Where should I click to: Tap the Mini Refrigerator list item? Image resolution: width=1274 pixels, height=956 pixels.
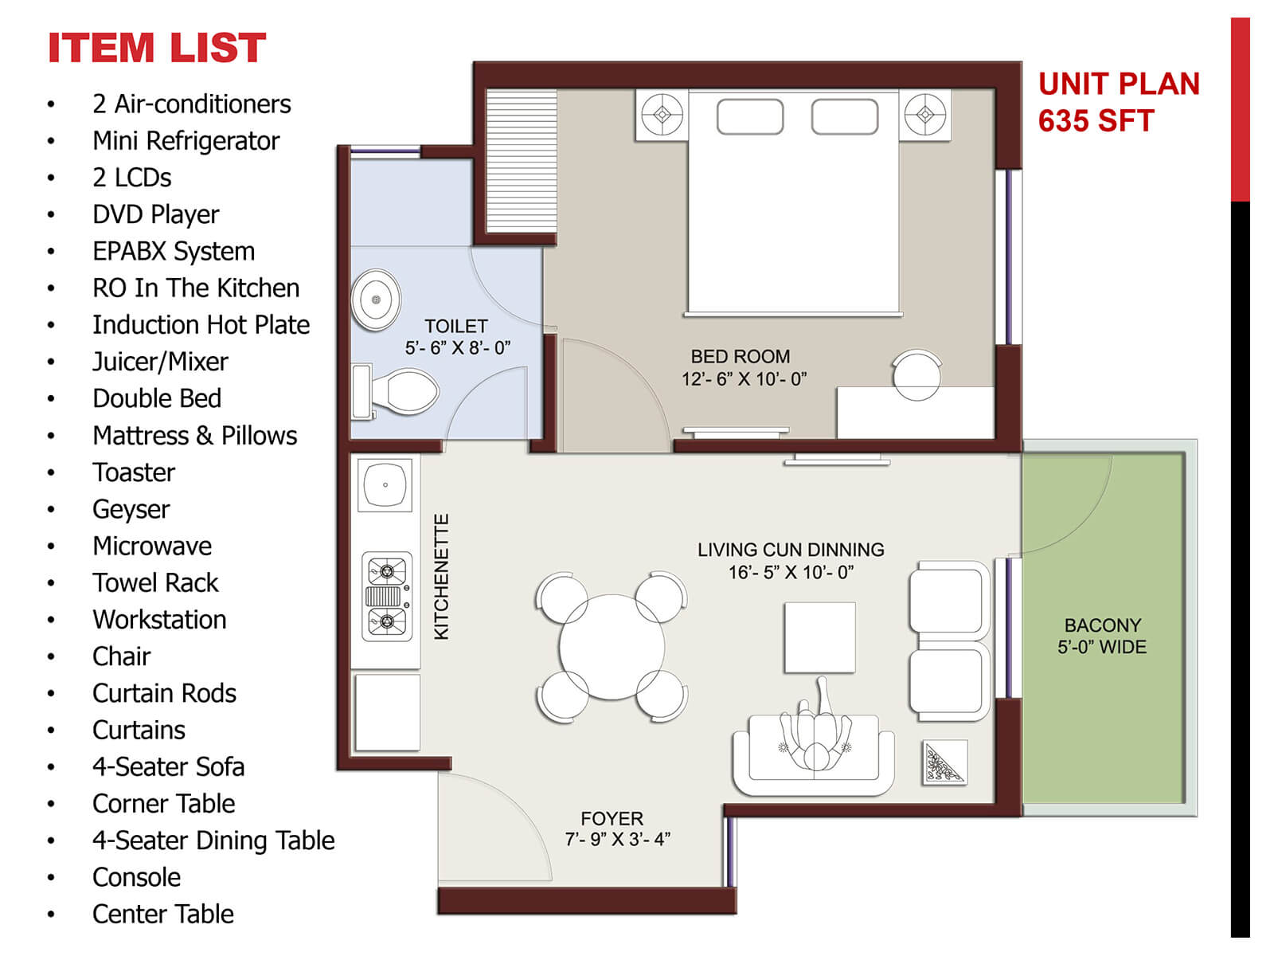pyautogui.click(x=186, y=141)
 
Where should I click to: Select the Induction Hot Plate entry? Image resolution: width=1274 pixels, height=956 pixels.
pyautogui.click(x=201, y=325)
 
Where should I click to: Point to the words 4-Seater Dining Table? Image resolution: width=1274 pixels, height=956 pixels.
pyautogui.click(x=213, y=840)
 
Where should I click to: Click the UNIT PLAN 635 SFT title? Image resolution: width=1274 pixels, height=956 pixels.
pyautogui.click(x=1118, y=102)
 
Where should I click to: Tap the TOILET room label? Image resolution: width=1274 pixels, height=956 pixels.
pyautogui.click(x=456, y=327)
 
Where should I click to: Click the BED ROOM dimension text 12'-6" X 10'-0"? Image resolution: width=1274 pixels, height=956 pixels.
pyautogui.click(x=744, y=379)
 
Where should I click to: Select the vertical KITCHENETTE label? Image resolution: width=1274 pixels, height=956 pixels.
pyautogui.click(x=442, y=576)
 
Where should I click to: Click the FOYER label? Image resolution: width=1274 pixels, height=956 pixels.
pyautogui.click(x=612, y=818)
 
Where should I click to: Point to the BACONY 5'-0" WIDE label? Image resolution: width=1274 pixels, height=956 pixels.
pyautogui.click(x=1102, y=636)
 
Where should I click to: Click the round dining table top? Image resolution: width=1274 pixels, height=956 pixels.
pyautogui.click(x=612, y=647)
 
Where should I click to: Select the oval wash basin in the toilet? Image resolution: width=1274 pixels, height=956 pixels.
pyautogui.click(x=376, y=300)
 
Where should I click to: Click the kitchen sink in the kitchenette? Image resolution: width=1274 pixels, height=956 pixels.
pyautogui.click(x=385, y=484)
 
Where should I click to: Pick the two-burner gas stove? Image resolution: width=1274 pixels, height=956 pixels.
pyautogui.click(x=387, y=596)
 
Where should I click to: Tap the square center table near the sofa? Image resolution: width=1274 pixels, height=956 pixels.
pyautogui.click(x=819, y=637)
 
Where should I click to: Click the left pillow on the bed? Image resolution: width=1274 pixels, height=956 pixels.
pyautogui.click(x=749, y=116)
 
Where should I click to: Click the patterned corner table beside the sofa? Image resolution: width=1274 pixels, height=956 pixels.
pyautogui.click(x=944, y=762)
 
